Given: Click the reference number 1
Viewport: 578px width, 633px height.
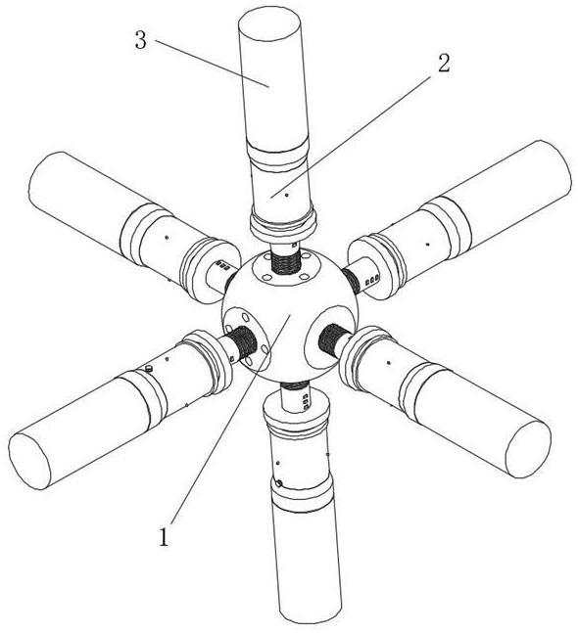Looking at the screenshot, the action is click(164, 537).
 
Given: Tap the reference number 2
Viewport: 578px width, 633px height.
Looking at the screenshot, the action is click(444, 64).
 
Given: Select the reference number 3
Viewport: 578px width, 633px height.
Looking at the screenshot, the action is click(141, 41).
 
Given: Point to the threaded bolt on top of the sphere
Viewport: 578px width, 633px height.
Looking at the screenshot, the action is click(286, 263).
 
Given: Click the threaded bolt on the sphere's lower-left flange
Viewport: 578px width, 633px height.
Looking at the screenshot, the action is click(243, 342).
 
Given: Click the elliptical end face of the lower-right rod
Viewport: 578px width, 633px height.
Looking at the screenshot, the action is click(528, 449).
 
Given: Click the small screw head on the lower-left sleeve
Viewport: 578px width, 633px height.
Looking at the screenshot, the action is click(149, 368).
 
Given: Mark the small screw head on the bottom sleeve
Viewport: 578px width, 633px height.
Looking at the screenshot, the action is click(278, 483).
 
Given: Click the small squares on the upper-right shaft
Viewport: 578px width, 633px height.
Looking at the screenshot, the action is click(372, 280).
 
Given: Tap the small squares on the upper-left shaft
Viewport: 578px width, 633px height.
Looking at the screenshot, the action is click(222, 265).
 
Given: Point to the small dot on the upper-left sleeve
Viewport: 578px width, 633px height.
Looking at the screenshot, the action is click(166, 237).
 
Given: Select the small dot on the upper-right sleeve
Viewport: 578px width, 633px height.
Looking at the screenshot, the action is click(428, 244).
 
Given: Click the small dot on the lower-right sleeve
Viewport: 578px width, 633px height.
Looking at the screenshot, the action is click(388, 363).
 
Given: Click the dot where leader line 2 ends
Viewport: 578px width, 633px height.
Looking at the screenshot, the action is click(287, 195).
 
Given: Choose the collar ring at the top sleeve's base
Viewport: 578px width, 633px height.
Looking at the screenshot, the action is click(283, 225).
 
